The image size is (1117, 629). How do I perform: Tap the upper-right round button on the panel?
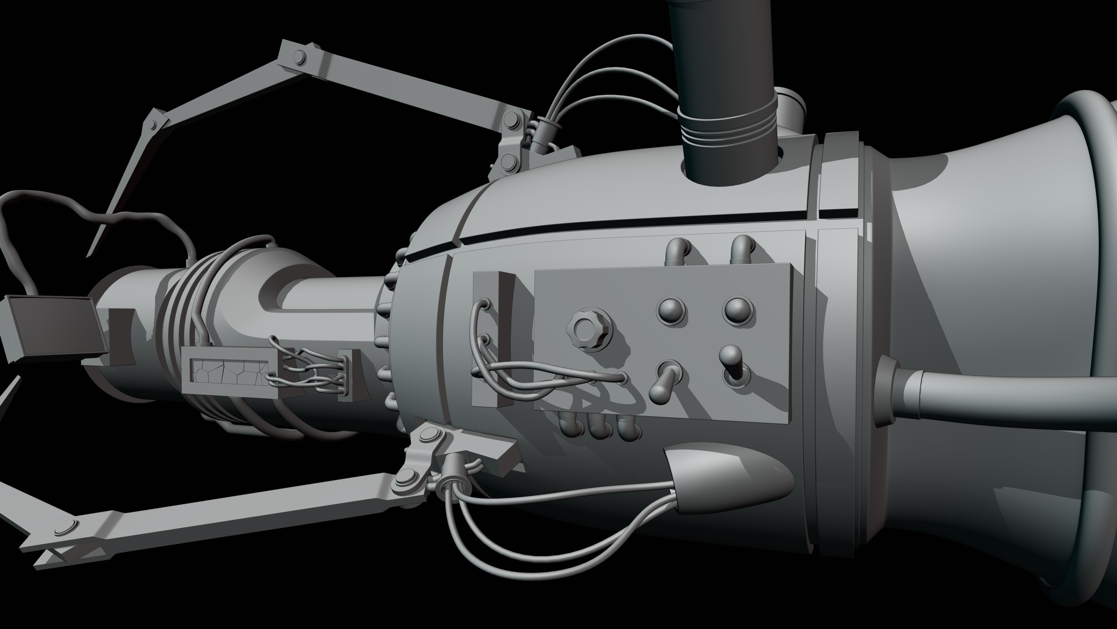tap(737, 310)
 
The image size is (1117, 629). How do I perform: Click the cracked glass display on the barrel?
tap(228, 373)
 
